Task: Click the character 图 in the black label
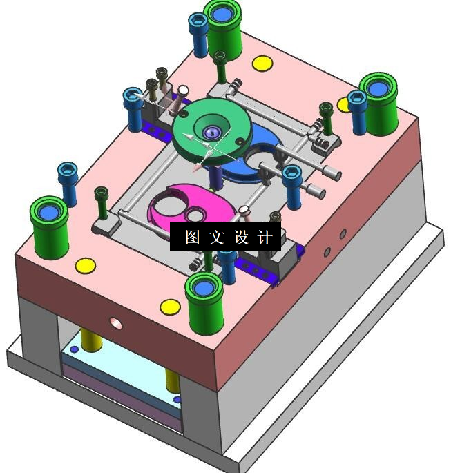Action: [192, 237]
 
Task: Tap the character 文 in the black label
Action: [216, 237]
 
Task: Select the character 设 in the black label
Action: [241, 237]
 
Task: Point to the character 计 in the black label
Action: [265, 237]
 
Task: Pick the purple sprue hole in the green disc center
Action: [212, 133]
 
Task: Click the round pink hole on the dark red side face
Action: [116, 323]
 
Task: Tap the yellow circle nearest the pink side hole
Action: [170, 307]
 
